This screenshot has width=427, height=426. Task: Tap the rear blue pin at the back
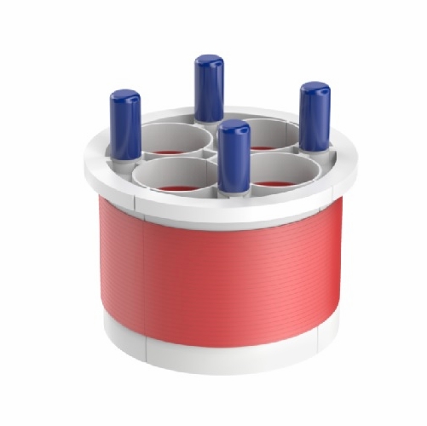(209, 89)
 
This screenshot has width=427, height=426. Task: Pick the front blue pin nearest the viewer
(234, 158)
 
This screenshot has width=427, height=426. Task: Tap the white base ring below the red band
(222, 358)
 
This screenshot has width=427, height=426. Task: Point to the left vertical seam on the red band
(145, 273)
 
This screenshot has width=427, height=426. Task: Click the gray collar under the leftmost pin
(125, 160)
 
